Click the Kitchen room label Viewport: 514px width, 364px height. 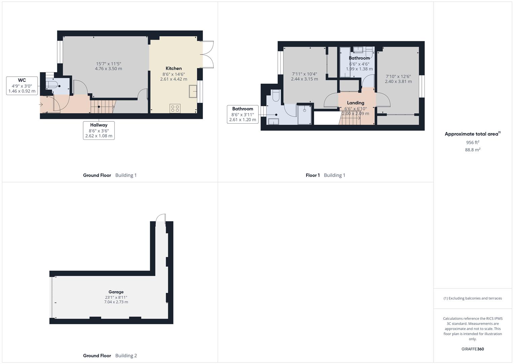pos(173,68)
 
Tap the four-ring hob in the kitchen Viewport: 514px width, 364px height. pos(175,109)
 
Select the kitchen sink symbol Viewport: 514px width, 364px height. pos(193,91)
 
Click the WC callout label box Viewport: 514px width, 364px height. pos(22,86)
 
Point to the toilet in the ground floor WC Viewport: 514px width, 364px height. pos(52,84)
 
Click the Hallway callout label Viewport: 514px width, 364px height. pos(99,130)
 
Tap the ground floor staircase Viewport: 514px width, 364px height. pos(102,107)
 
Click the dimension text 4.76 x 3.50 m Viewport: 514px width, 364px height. pos(108,68)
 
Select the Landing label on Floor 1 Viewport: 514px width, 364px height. pos(355,103)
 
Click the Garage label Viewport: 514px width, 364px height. pos(116,292)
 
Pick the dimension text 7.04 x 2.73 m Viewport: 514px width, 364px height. pos(116,302)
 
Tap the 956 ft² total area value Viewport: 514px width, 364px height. pos(473,142)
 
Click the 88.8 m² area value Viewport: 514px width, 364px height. pos(473,150)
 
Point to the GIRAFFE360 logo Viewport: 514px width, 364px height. pos(473,349)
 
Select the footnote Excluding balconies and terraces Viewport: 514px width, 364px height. pos(473,298)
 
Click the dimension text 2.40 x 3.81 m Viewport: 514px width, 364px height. pos(398,81)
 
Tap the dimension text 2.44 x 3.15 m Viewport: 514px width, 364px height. pos(305,79)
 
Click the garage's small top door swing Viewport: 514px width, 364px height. pos(161,218)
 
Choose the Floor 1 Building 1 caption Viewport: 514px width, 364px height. pos(325,175)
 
